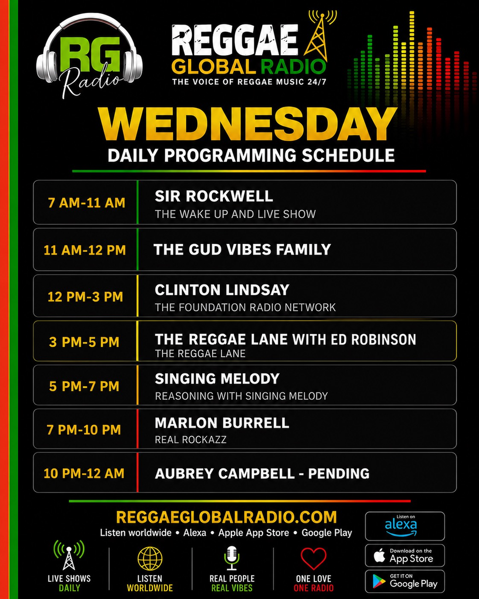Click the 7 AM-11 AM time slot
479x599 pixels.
pos(87,203)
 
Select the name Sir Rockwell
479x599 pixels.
pos(214,196)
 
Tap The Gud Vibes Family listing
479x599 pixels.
pos(242,249)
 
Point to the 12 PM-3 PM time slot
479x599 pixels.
pos(85,297)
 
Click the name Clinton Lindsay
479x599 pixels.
pos(222,290)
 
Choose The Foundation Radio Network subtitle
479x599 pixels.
pos(245,307)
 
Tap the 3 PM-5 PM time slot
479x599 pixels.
pos(84,342)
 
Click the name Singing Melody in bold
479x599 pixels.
pos(217,379)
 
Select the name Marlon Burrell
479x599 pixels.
pos(222,423)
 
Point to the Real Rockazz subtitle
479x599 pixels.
pos(191,439)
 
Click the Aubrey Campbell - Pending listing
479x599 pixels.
pos(262,473)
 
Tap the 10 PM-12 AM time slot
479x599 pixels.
pos(84,473)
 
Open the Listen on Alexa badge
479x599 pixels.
pos(405,526)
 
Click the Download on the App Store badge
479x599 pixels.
pos(405,555)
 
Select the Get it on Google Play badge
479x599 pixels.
pos(405,581)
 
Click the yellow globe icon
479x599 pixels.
pos(150,559)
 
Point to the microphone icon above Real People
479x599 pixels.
pos(232,558)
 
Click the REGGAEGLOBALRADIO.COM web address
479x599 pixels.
pos(226,517)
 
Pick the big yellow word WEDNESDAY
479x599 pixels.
pos(248,125)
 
